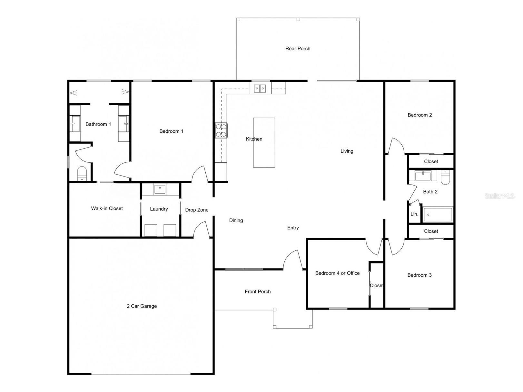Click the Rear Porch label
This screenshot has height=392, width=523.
pyautogui.click(x=298, y=49)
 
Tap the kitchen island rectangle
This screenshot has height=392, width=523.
pyautogui.click(x=264, y=143)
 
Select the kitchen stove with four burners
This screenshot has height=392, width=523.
pyautogui.click(x=221, y=130)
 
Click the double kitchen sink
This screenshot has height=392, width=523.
pyautogui.click(x=260, y=88)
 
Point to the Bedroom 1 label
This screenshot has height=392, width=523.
pyautogui.click(x=171, y=131)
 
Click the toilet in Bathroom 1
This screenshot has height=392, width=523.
pyautogui.click(x=82, y=174)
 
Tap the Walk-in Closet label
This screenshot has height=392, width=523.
pyautogui.click(x=107, y=208)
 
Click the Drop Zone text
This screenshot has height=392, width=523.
pyautogui.click(x=197, y=210)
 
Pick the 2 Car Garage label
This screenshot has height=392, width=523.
pyautogui.click(x=142, y=306)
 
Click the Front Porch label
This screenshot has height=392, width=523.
pyautogui.click(x=258, y=292)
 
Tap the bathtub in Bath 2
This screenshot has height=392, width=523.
pyautogui.click(x=438, y=215)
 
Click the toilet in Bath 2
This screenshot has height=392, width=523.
pyautogui.click(x=445, y=177)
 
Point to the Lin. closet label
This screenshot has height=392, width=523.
pyautogui.click(x=414, y=214)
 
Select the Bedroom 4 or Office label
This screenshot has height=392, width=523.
pyautogui.click(x=337, y=273)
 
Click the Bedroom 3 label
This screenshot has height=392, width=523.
pyautogui.click(x=419, y=275)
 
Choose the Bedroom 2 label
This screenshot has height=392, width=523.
pyautogui.click(x=419, y=115)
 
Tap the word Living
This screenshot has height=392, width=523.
pyautogui.click(x=347, y=151)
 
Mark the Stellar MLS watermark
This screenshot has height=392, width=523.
pyautogui.click(x=499, y=196)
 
